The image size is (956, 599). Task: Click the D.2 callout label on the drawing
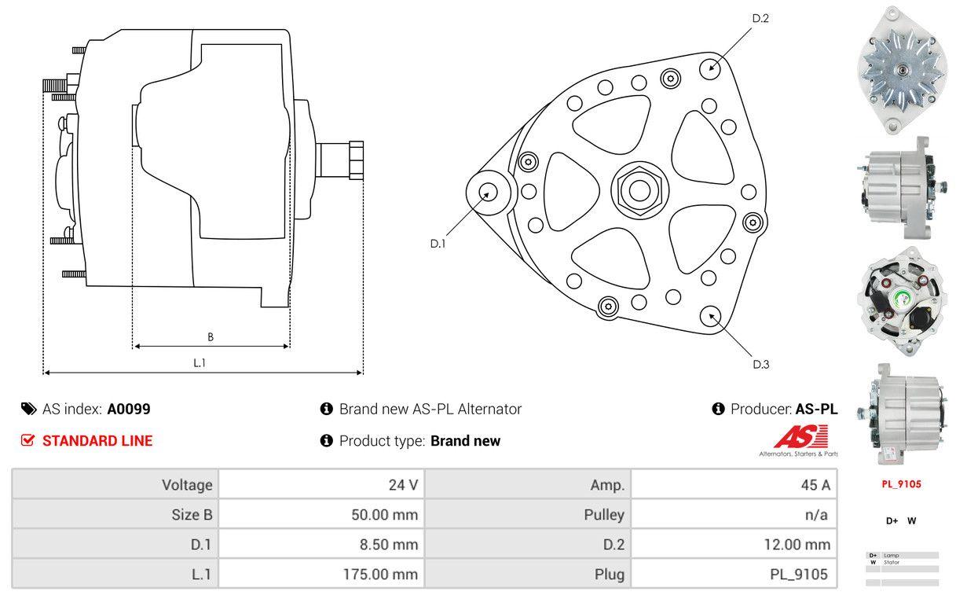click(x=760, y=18)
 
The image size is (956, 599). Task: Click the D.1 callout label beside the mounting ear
click(x=438, y=244)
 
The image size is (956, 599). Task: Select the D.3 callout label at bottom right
click(x=760, y=364)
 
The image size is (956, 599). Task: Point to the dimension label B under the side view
click(x=211, y=337)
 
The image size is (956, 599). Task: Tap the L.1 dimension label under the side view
click(x=200, y=362)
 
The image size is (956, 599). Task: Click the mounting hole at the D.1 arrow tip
click(x=488, y=192)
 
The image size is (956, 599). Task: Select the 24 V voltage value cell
click(x=403, y=484)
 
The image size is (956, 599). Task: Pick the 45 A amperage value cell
click(x=815, y=484)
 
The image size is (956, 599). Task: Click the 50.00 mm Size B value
click(x=384, y=515)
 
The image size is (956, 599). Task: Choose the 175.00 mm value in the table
click(x=381, y=575)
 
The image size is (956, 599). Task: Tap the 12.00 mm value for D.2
click(x=796, y=544)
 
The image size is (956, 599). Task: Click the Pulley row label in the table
click(x=604, y=515)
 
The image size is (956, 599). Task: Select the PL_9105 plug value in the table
click(x=799, y=575)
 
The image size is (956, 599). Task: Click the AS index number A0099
click(x=129, y=409)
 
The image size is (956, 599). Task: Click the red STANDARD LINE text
click(x=97, y=441)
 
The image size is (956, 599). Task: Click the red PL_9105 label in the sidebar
click(x=901, y=484)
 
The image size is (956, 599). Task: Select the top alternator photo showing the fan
click(x=900, y=69)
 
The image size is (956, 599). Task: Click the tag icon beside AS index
click(x=28, y=409)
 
